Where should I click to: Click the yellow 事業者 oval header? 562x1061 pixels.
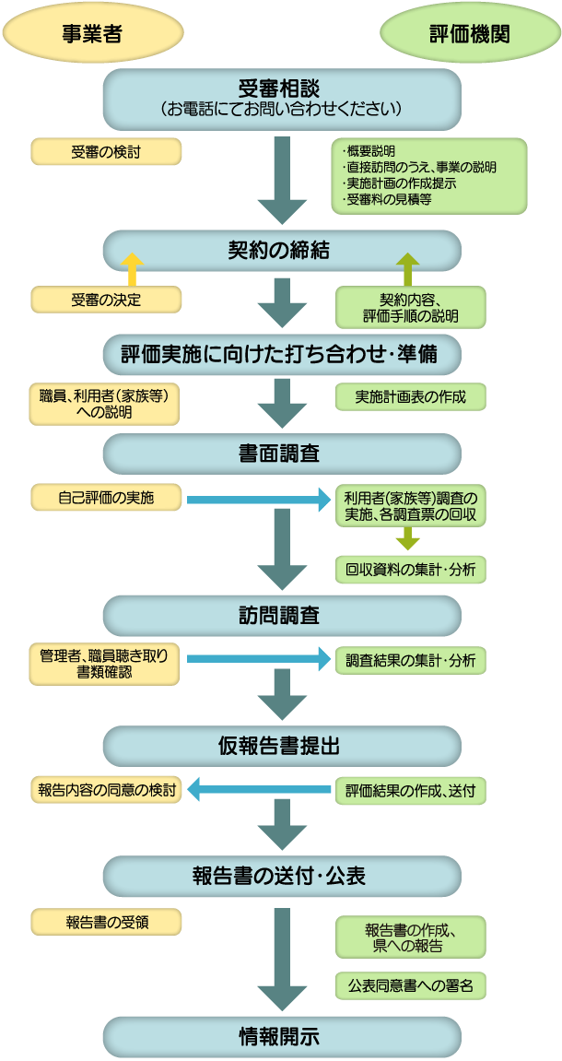92,33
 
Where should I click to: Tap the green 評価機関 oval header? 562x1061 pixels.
470,33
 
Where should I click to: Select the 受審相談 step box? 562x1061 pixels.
281,98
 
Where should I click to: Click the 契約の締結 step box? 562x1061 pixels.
281,250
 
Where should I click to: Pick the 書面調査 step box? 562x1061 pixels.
281,454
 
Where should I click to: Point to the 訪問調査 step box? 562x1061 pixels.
281,615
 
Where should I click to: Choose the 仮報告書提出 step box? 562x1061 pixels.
281,745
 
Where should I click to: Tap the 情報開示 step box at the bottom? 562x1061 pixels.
281,1036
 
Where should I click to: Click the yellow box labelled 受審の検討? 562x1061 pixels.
106,151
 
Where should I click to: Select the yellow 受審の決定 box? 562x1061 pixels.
106,300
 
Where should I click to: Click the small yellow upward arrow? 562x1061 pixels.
133,268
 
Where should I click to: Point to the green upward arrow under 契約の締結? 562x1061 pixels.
406,268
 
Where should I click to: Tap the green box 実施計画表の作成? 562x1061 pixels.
410,397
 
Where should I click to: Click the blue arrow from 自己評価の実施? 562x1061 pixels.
258,500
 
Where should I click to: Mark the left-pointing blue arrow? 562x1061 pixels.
258,789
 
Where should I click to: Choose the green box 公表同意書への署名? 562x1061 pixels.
410,986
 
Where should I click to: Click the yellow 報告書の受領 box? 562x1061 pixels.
106,921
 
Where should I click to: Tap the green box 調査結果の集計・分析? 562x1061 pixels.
410,660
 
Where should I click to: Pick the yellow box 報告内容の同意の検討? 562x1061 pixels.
106,791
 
